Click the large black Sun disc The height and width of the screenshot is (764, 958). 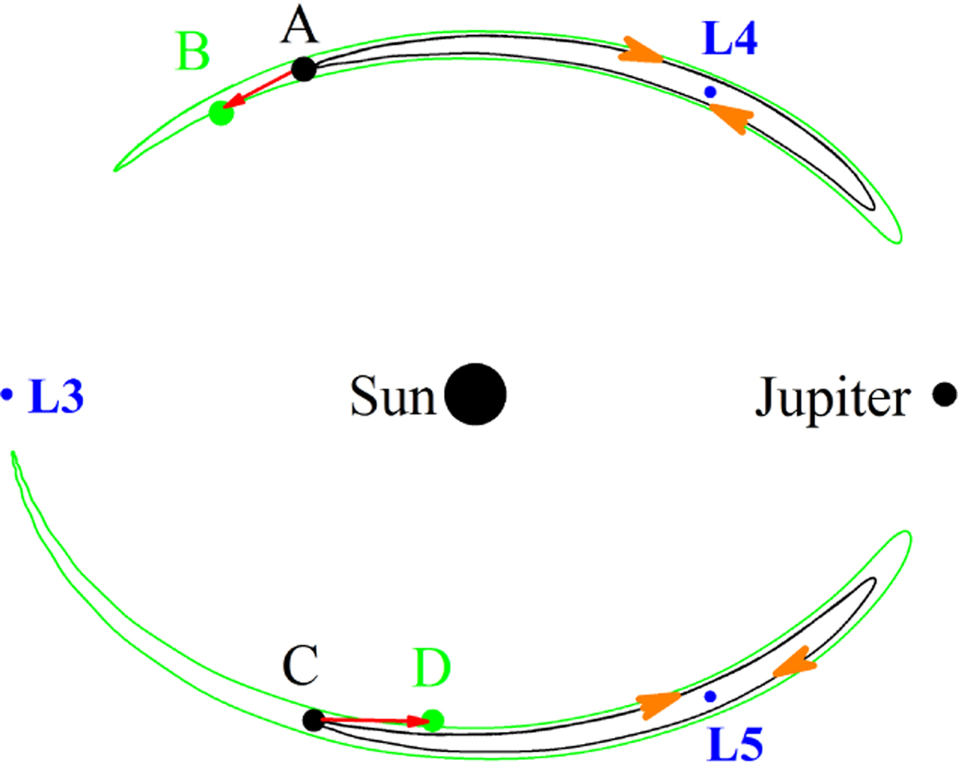pos(476,394)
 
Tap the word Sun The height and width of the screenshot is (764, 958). pos(393,396)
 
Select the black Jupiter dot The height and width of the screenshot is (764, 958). pos(944,394)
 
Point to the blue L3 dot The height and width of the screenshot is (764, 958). pos(6,394)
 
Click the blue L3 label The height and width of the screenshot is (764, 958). pos(56,396)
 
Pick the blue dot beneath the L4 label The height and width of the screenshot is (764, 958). pos(711,92)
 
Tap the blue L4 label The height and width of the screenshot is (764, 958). pos(730,39)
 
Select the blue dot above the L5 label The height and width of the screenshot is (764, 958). pos(711,696)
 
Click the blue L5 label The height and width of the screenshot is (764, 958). pos(734,743)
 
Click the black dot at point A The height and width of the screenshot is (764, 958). pos(304,69)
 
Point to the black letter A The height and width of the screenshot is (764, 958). pos(299,26)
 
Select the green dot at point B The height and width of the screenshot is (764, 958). pos(221,113)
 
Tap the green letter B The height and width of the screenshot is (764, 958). pos(192,52)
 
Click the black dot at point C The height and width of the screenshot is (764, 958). pos(314,720)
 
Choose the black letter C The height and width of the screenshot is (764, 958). pos(300,666)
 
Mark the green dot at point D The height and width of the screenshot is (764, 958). pos(433,720)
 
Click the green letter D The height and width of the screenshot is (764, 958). pos(432,669)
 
